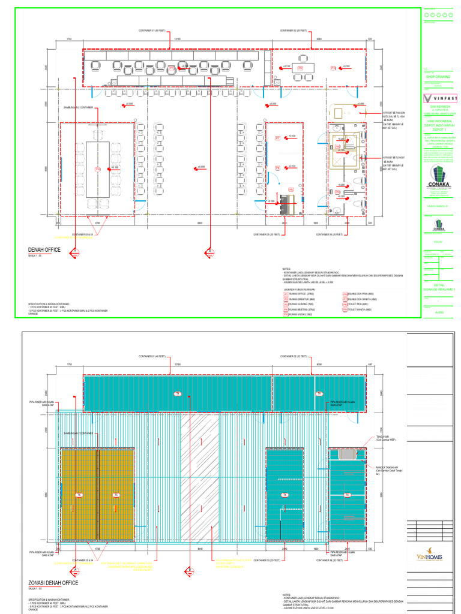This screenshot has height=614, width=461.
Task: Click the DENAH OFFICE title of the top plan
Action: tap(44, 249)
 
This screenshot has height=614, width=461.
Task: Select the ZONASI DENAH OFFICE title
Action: tap(53, 582)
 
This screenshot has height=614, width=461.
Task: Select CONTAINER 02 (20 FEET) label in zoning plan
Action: tap(294, 357)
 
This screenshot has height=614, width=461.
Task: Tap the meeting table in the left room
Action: tap(97, 170)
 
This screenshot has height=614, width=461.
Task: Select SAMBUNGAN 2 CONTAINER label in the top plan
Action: tap(78, 108)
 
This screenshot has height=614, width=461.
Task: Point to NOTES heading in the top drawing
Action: tap(286, 269)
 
